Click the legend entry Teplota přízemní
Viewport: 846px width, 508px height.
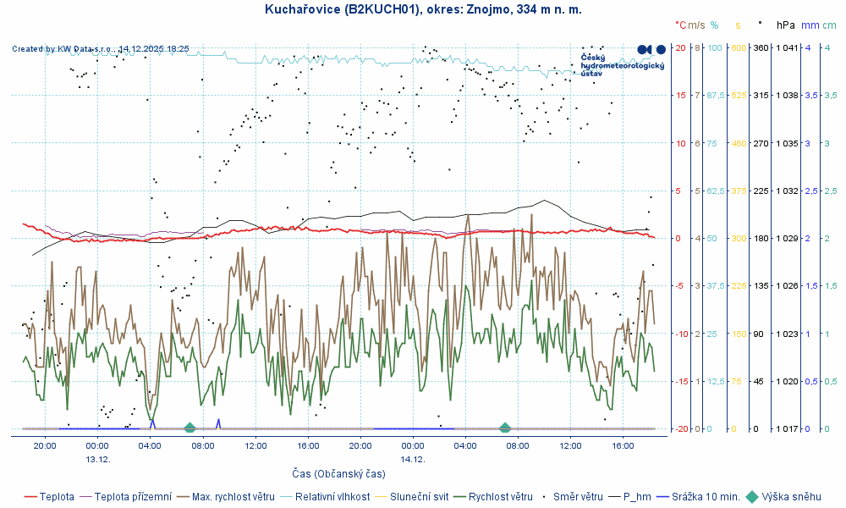(x=132, y=497)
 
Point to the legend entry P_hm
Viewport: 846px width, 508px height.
(x=637, y=497)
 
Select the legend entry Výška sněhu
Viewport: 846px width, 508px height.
(x=791, y=497)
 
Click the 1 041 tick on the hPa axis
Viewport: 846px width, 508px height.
(x=787, y=47)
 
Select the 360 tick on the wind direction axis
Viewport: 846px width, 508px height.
(x=761, y=47)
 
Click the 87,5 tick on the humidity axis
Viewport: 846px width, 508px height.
(x=716, y=96)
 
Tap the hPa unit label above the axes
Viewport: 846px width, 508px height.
(x=786, y=25)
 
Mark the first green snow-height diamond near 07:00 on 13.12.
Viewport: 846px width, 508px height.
(x=190, y=428)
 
